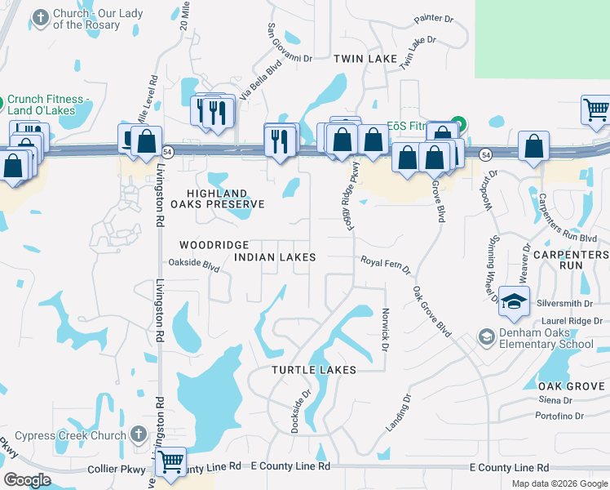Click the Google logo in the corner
tap(28, 480)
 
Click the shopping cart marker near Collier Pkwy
tap(171, 461)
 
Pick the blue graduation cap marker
tap(515, 302)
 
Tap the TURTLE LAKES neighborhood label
tap(314, 370)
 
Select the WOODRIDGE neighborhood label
tap(214, 245)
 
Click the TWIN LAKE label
tap(365, 59)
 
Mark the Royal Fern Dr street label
tap(387, 265)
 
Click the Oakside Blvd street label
tap(194, 265)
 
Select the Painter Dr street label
tap(433, 18)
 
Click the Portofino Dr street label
tap(561, 416)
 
